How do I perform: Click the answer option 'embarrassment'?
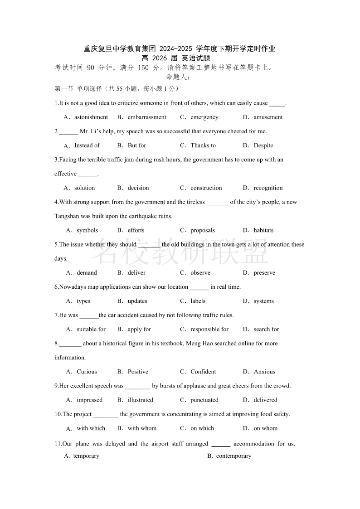tap(147, 117)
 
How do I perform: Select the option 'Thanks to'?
tap(203, 145)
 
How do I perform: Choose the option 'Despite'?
tap(263, 145)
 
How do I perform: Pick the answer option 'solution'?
tap(85, 188)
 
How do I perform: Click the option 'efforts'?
tap(136, 230)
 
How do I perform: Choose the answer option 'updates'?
tap(137, 301)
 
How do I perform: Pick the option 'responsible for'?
tap(209, 330)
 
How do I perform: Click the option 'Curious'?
tap(87, 372)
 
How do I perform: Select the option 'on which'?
tap(202, 428)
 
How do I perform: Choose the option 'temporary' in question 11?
tap(86, 456)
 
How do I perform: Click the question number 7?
tap(56, 315)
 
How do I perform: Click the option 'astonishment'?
tap(91, 117)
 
